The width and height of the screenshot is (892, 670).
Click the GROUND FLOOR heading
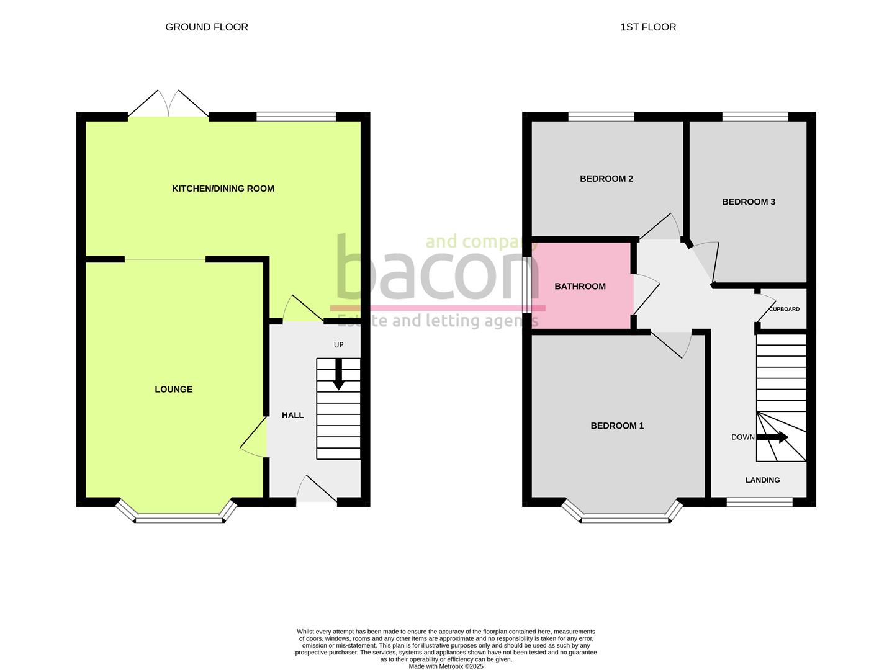coord(207,27)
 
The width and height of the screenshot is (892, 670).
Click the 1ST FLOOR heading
coord(648,27)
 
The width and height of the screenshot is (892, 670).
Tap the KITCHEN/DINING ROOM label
coord(223,189)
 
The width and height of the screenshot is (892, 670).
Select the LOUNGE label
coord(174,390)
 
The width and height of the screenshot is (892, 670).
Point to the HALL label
coord(293,415)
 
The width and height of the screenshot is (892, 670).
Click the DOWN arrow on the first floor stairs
coord(772,437)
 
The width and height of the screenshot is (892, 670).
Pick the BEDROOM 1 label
coord(617,426)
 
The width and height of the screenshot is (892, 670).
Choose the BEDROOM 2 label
coord(606,179)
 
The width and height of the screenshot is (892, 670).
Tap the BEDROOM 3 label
coord(749,202)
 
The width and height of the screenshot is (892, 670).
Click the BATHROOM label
coord(580,287)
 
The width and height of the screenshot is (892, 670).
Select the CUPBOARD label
coord(784,309)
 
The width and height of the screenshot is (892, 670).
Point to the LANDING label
coord(762,480)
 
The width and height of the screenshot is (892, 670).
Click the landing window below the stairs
coord(759,502)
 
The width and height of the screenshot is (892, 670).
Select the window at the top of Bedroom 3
coord(755,116)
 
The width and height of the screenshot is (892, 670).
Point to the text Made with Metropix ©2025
coord(446,666)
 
